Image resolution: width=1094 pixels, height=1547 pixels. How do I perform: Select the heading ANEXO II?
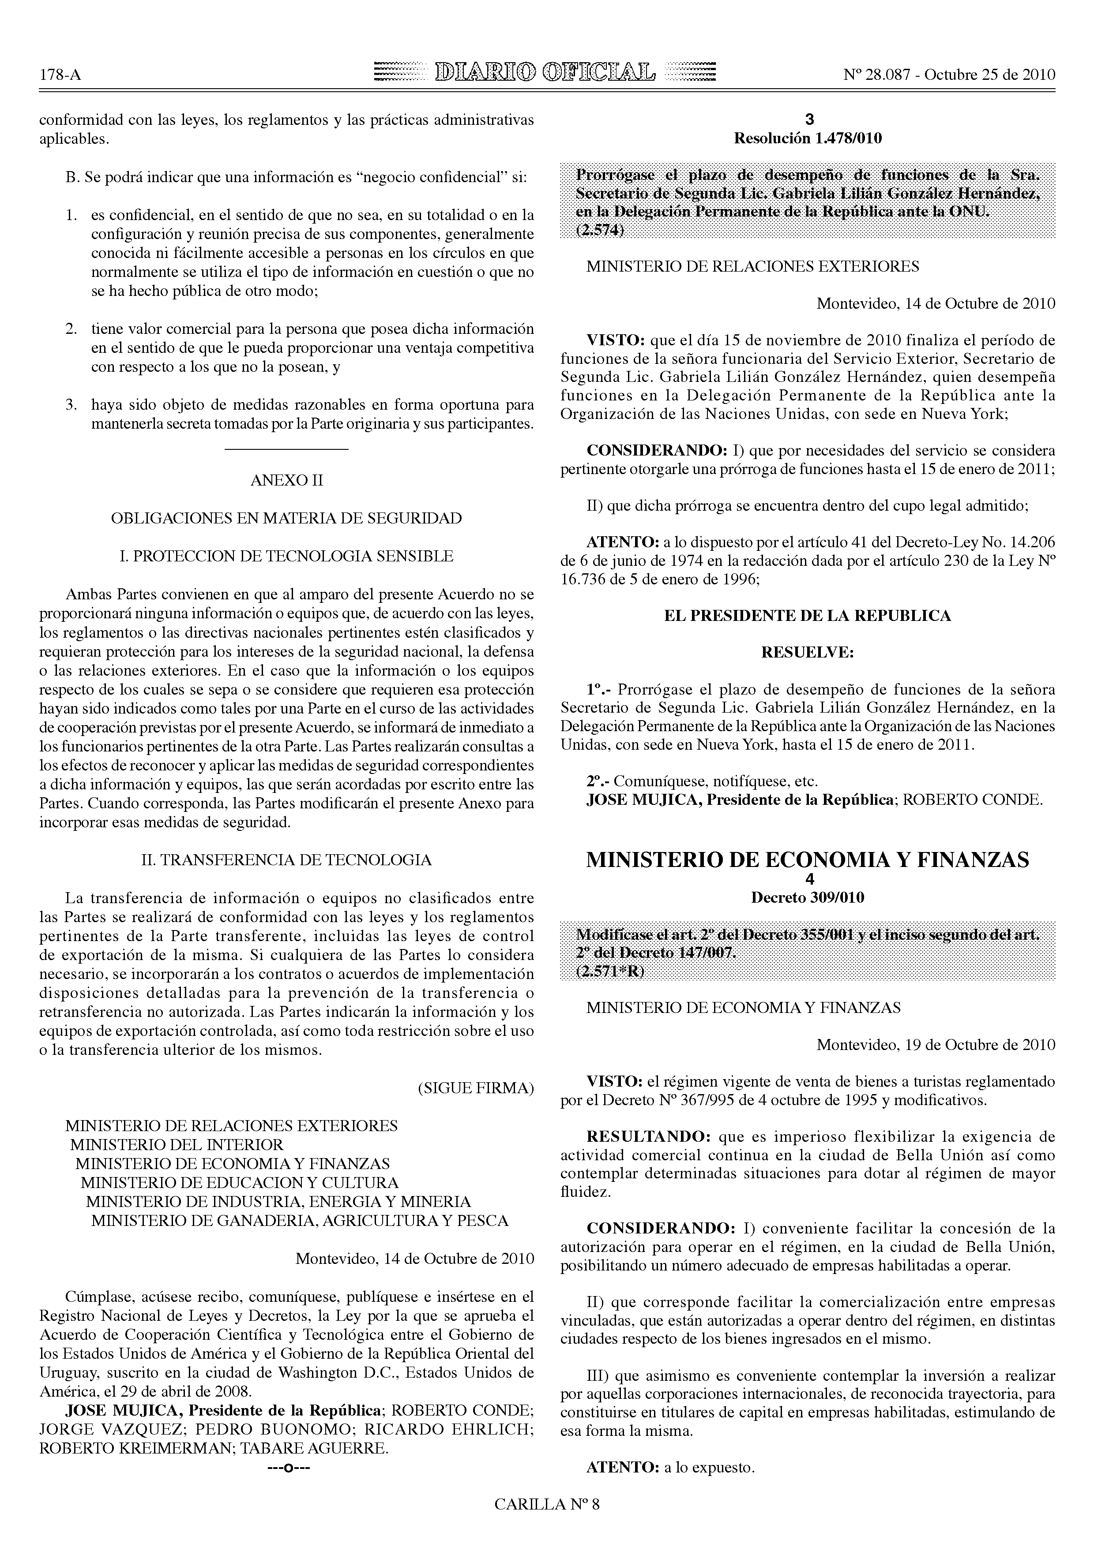point(286,480)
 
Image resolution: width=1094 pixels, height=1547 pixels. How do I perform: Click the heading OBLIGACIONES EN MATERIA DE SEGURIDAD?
point(286,518)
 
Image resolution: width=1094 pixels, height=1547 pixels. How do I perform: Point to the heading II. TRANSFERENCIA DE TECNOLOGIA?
point(286,860)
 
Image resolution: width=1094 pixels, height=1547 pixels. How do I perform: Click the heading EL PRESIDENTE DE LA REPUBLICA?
point(808,615)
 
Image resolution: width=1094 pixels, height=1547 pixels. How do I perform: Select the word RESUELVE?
point(808,652)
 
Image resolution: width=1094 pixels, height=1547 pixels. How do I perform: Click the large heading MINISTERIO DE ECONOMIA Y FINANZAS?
point(808,860)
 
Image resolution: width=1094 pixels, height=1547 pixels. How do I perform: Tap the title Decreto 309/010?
point(808,897)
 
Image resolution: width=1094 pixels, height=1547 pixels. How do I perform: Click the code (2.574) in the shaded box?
point(600,231)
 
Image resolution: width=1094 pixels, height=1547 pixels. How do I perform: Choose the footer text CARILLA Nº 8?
point(547,1522)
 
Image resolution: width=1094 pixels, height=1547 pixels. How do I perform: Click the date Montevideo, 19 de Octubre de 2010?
point(936,1045)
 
